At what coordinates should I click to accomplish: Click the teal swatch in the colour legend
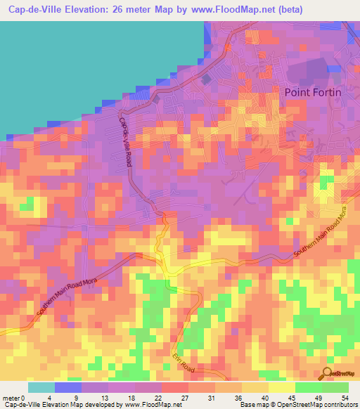coord(41,387)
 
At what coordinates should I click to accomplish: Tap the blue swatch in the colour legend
coord(68,387)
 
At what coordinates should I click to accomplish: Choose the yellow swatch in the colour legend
coord(281,387)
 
